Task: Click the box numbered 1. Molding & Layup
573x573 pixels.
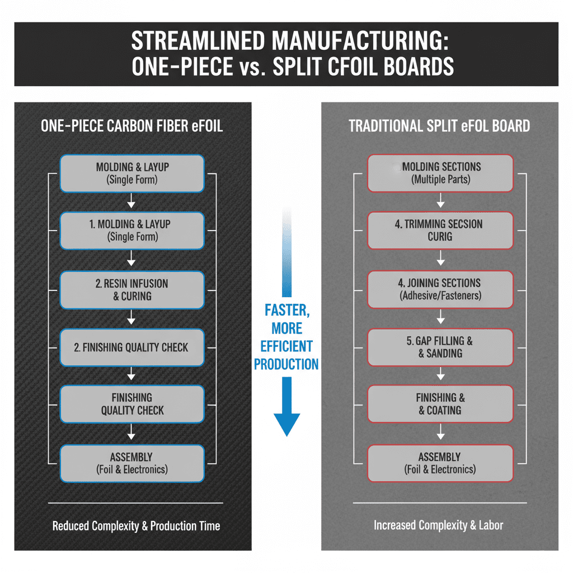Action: tap(132, 230)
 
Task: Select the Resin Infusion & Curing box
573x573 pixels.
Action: tap(132, 289)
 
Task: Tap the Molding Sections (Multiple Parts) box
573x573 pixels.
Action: tap(440, 173)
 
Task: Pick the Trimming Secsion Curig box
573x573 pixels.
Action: tap(440, 230)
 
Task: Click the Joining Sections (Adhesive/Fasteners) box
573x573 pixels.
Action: tap(440, 289)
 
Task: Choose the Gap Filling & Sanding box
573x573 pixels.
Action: tap(440, 347)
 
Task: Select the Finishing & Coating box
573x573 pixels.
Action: tap(440, 403)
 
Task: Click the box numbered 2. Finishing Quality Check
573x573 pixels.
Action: tap(132, 347)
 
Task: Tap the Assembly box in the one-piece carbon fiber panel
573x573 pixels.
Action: tap(132, 463)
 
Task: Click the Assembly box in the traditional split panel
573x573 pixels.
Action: tap(440, 463)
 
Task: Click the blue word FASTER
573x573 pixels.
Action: tap(286, 310)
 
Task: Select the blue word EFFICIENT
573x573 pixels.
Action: tap(286, 346)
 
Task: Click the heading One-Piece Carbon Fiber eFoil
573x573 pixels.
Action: tap(132, 126)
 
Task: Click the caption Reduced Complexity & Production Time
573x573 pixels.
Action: tap(136, 526)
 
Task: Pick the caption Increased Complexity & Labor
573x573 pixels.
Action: tap(438, 525)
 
